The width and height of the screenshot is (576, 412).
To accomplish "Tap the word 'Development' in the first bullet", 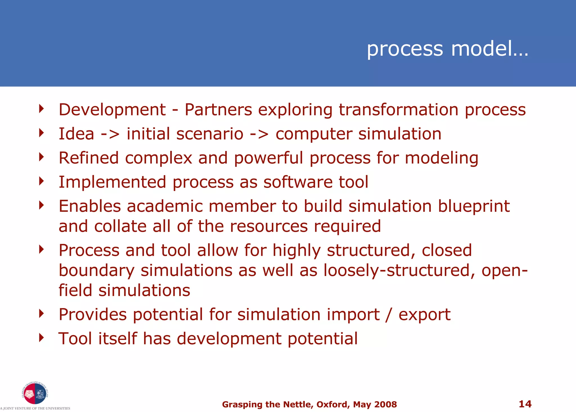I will coord(112,110).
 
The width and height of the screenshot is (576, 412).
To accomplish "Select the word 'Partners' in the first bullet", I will coord(218,110).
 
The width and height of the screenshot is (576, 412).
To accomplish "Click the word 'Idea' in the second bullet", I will coord(76,134).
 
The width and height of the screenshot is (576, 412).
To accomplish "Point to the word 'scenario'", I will coord(210,134).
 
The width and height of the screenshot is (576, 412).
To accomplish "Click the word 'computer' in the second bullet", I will coord(314,134).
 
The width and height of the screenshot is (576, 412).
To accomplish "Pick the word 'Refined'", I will coord(89,158).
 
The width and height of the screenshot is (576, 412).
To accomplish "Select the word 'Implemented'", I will coord(112,182).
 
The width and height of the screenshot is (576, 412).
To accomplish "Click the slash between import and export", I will coord(389,315).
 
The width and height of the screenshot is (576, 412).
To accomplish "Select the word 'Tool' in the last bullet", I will coord(75,338).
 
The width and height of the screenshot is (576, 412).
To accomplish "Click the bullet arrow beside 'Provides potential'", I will coord(42,313).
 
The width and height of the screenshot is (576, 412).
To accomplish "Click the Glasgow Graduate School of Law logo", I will coord(35,393).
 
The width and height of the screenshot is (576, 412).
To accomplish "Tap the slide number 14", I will coord(525,404).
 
